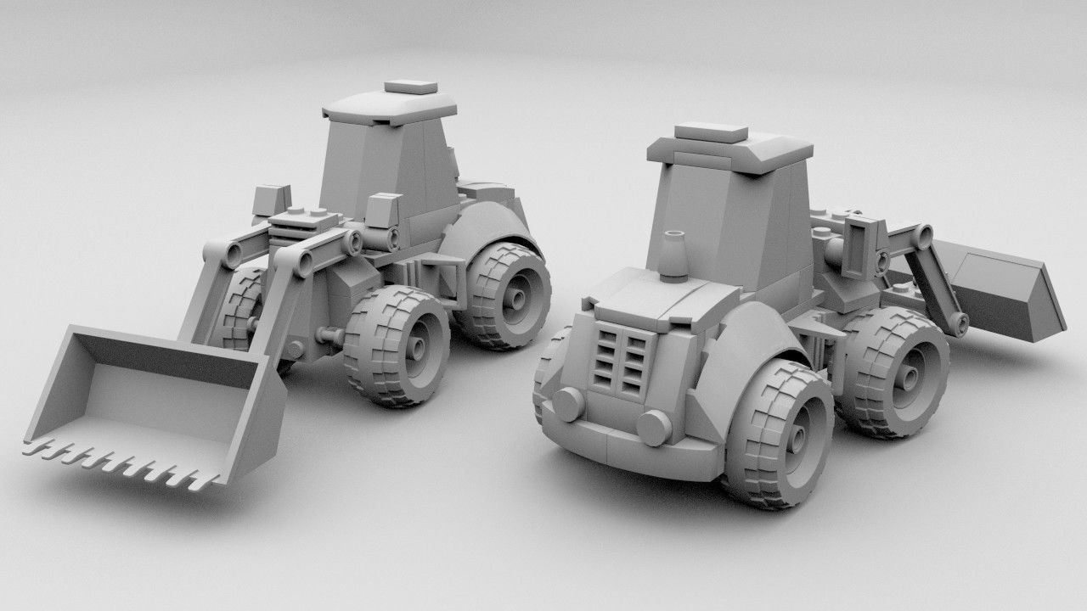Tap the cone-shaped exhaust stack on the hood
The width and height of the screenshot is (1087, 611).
click(675, 254)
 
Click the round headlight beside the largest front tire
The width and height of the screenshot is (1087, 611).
click(653, 426)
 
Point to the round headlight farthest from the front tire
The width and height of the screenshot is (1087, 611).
click(567, 401)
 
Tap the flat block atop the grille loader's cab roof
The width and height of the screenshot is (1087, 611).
click(711, 133)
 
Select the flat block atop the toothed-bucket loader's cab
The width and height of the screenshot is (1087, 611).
click(411, 87)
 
